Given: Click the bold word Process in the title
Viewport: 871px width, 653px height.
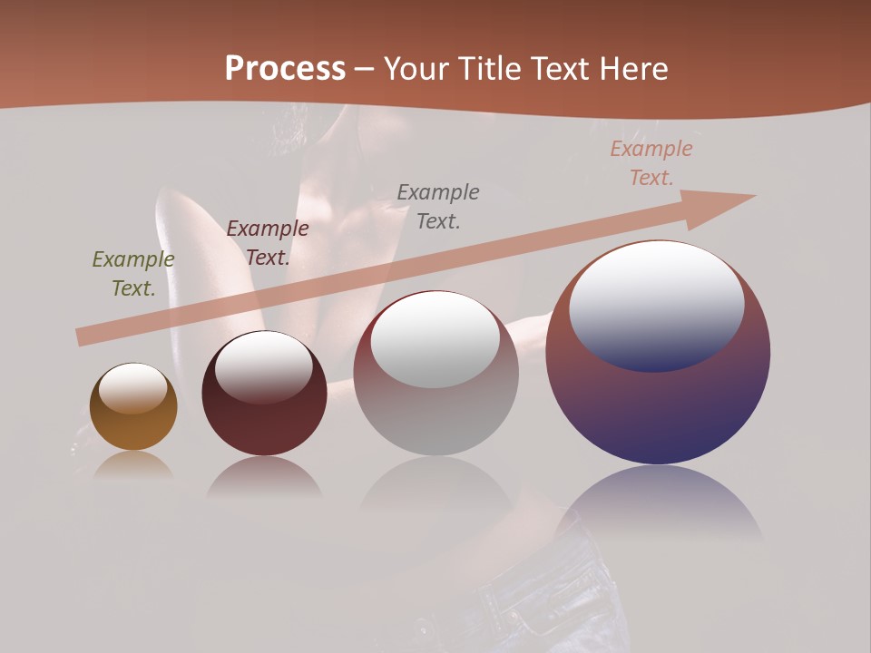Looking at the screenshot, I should click(285, 69).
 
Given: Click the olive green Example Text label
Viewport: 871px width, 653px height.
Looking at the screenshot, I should click(132, 274).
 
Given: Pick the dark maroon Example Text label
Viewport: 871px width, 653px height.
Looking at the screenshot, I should click(267, 243).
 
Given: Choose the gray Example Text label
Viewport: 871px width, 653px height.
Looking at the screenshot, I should click(438, 206).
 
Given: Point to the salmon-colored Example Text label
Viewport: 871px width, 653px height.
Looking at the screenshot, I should click(651, 163).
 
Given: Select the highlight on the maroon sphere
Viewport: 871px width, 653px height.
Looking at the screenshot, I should click(264, 367).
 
